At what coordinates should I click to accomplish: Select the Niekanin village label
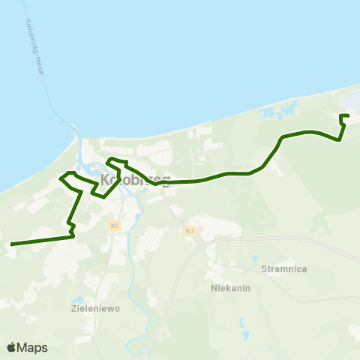coord(229,287)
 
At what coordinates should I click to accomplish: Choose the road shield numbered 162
coord(187,231)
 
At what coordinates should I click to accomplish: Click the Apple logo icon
coord(11,348)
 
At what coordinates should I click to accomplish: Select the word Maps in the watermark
coord(32,348)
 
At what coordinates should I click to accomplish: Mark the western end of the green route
coord(11,244)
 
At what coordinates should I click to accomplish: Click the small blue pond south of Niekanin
coord(243,325)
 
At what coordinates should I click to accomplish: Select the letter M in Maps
coord(23,348)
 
